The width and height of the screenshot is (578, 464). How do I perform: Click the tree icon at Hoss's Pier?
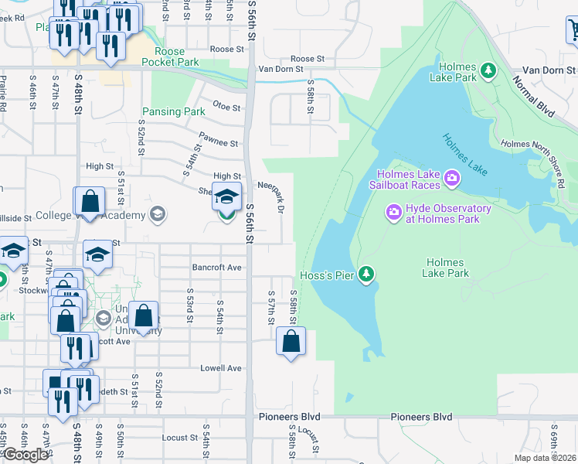pos(367,274)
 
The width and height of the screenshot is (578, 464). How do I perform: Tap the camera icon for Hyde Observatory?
pos(393,211)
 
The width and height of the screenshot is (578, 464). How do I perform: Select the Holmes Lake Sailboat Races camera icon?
pos(452,179)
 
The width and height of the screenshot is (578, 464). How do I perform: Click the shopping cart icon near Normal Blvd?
pos(573,30)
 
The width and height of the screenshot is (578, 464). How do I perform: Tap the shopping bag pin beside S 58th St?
pos(291,341)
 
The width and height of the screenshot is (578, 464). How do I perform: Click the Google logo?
pos(25,454)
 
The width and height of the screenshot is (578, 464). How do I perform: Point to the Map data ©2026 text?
pos(545,458)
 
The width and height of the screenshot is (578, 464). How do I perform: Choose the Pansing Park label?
pos(173,112)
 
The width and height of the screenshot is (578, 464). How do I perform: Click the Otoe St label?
pos(227,107)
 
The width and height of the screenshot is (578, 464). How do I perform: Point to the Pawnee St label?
pos(218,141)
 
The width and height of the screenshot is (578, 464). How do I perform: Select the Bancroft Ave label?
pos(217,268)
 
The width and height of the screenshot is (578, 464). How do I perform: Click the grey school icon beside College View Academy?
pos(158,214)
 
